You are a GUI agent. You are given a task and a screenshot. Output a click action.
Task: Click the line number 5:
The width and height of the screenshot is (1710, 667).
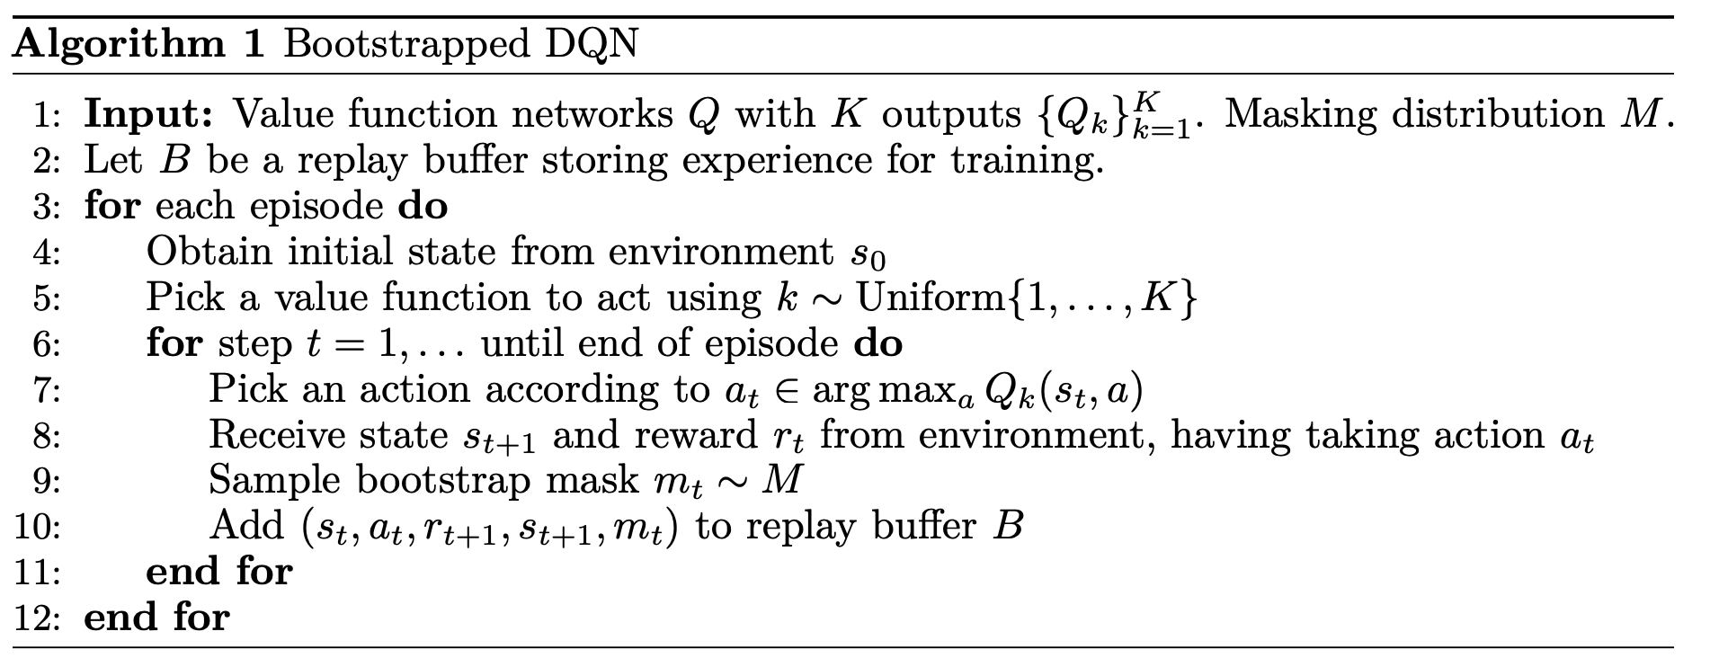45,298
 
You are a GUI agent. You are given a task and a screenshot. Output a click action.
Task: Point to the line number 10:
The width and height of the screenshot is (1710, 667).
37,527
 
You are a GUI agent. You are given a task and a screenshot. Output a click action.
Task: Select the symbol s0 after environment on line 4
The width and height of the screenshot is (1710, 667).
868,254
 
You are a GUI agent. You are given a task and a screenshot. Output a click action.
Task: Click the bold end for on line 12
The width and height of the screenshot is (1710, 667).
157,618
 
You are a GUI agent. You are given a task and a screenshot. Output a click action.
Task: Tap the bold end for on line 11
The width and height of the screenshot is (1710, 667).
219,572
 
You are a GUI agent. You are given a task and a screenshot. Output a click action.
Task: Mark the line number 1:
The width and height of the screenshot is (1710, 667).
45,115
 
